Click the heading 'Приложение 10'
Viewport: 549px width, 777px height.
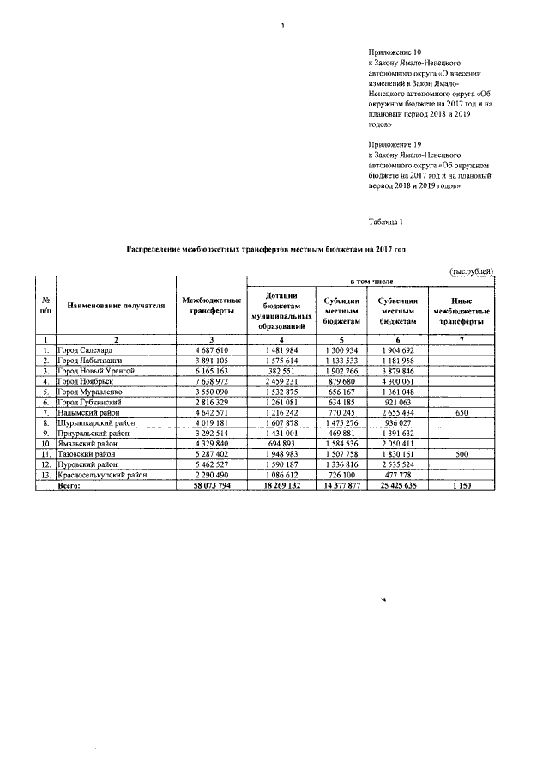click(x=394, y=53)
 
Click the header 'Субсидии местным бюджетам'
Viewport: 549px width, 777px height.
click(x=341, y=311)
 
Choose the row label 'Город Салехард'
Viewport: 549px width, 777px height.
click(x=83, y=351)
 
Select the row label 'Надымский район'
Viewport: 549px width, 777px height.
click(x=87, y=412)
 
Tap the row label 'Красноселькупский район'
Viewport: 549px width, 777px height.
click(x=103, y=474)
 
